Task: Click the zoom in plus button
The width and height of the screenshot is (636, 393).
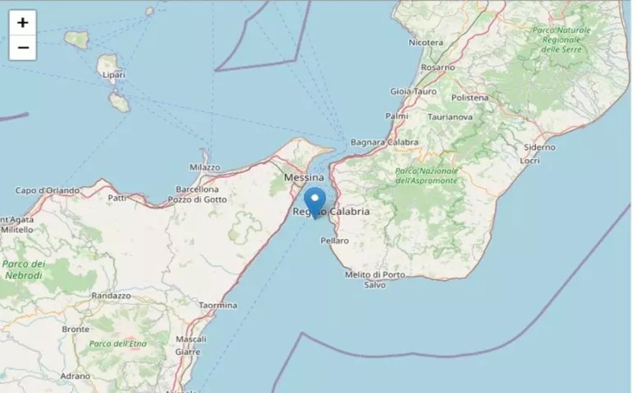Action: [x=22, y=23]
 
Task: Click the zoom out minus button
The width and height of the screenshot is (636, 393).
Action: [x=22, y=48]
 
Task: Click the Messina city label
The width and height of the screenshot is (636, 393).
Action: [x=304, y=178]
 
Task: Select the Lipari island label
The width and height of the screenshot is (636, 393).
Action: [x=113, y=75]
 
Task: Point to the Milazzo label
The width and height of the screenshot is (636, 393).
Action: [x=205, y=168]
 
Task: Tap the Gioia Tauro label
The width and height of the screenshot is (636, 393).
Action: [x=412, y=92]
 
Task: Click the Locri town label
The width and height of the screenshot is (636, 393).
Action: [x=529, y=160]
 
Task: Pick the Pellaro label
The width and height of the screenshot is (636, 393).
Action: [x=334, y=241]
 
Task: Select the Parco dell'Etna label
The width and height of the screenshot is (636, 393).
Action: [x=118, y=343]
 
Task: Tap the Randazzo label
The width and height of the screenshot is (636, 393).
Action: [x=111, y=295]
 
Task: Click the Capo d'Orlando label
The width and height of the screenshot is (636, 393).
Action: [x=47, y=191]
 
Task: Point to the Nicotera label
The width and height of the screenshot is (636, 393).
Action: [x=426, y=43]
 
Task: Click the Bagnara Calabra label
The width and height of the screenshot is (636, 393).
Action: [x=384, y=142]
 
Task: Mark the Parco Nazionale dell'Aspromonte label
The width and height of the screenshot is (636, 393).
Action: [x=426, y=175]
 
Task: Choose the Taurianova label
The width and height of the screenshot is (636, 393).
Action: [x=468, y=116]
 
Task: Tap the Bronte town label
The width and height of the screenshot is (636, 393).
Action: [x=75, y=329]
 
